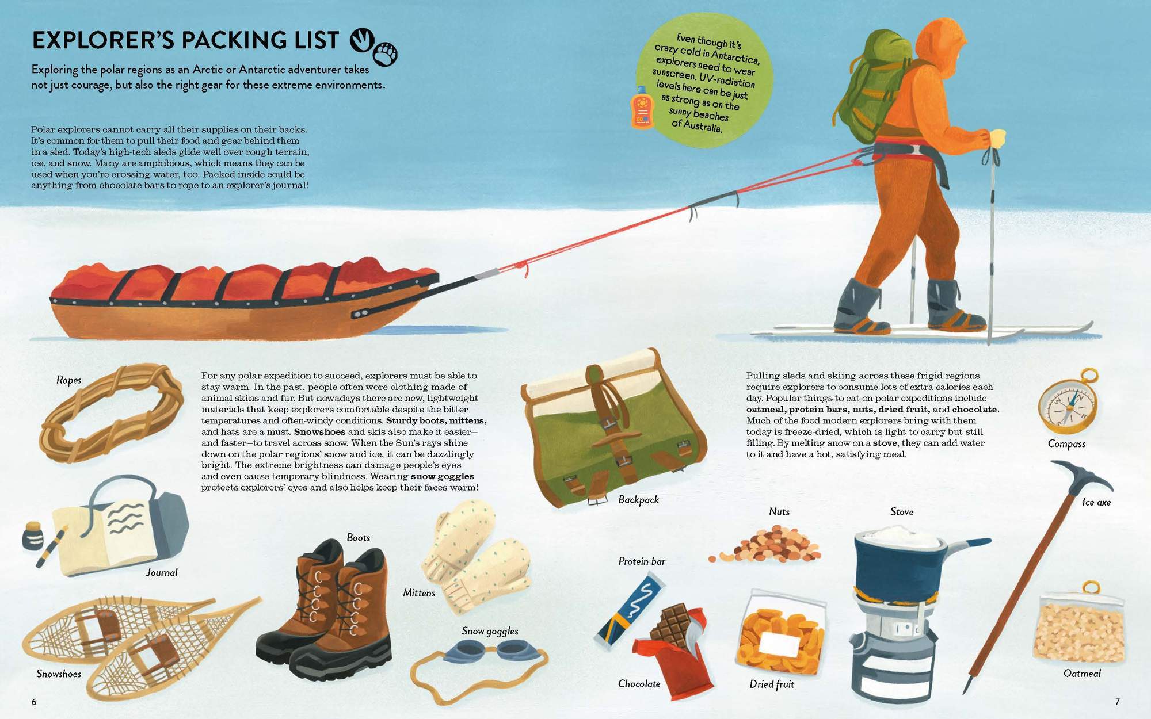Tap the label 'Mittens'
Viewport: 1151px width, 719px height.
coord(419,593)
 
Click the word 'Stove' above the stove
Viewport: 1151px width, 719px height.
coord(901,511)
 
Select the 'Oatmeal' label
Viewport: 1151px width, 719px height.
coord(1082,674)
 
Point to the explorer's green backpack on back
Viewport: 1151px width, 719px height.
coord(869,86)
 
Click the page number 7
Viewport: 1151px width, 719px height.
coord(1117,702)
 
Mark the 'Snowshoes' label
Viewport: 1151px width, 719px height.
coord(59,674)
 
